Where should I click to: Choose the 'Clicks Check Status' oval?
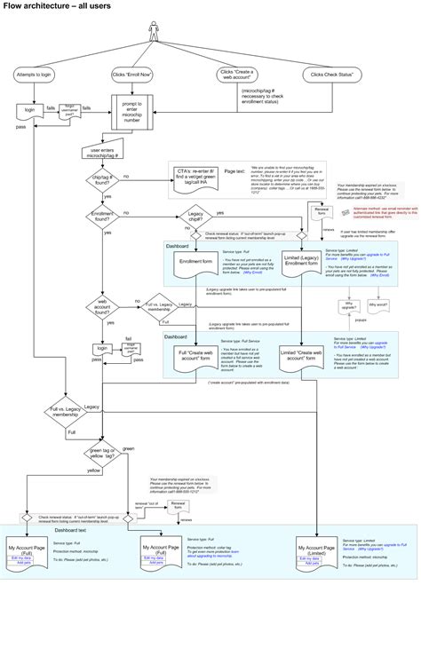pyautogui.click(x=334, y=75)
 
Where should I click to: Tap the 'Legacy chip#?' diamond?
pyautogui.click(x=195, y=215)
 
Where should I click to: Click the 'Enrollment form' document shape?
pyautogui.click(x=196, y=263)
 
